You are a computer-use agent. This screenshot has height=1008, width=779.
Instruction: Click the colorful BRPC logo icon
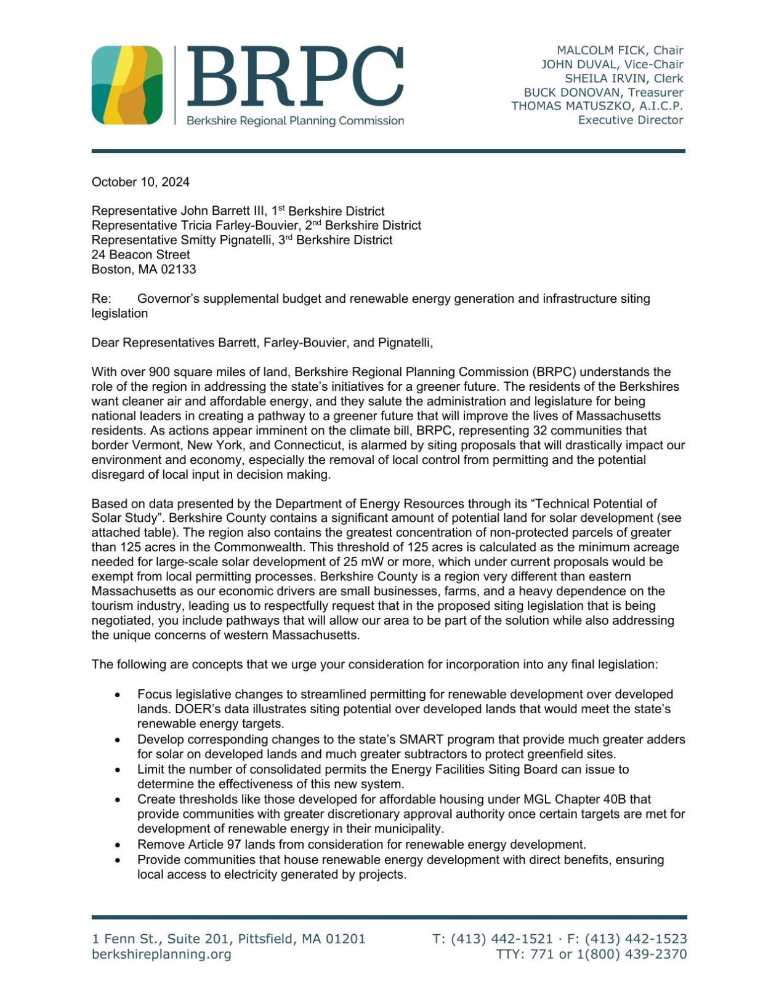(127, 85)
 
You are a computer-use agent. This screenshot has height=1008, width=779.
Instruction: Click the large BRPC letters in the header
(294, 77)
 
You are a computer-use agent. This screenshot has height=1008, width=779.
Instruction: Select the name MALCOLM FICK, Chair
(620, 50)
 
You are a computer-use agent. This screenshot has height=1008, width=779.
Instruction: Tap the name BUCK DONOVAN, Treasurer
(603, 92)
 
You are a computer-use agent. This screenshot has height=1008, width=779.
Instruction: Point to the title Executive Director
(630, 120)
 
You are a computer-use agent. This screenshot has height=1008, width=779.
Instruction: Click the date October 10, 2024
(140, 182)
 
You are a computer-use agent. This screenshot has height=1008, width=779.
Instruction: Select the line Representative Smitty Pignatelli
(241, 240)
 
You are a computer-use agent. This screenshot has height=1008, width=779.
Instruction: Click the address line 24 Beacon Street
(140, 255)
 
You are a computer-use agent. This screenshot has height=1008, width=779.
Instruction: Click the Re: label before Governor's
(101, 299)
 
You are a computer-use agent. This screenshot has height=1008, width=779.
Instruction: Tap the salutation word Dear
(104, 343)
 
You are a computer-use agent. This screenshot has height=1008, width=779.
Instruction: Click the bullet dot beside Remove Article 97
(118, 846)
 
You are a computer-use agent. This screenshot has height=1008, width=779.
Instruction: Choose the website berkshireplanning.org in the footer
(161, 954)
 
